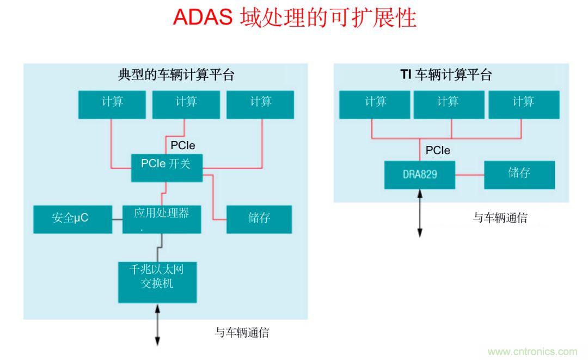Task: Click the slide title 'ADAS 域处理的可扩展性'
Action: coord(294,18)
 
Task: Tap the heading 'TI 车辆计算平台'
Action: coord(446,75)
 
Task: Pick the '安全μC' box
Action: coord(72,219)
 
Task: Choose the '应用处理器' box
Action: coord(161,219)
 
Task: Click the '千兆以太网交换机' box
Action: coord(157,282)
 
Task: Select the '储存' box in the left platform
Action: coord(259,219)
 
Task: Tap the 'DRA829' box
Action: coord(420,175)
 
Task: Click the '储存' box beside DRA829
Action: coord(519,175)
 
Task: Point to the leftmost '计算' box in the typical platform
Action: coord(112,105)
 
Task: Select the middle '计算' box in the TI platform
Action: coord(448,105)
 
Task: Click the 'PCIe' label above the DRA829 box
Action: coord(438,150)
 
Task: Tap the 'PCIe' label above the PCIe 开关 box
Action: coord(183,145)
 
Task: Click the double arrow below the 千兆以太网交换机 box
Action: coord(157,325)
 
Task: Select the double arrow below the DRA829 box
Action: coord(420,213)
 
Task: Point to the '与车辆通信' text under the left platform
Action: coord(242,332)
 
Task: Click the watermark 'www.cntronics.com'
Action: coord(532,352)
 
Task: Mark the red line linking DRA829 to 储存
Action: coord(469,175)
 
